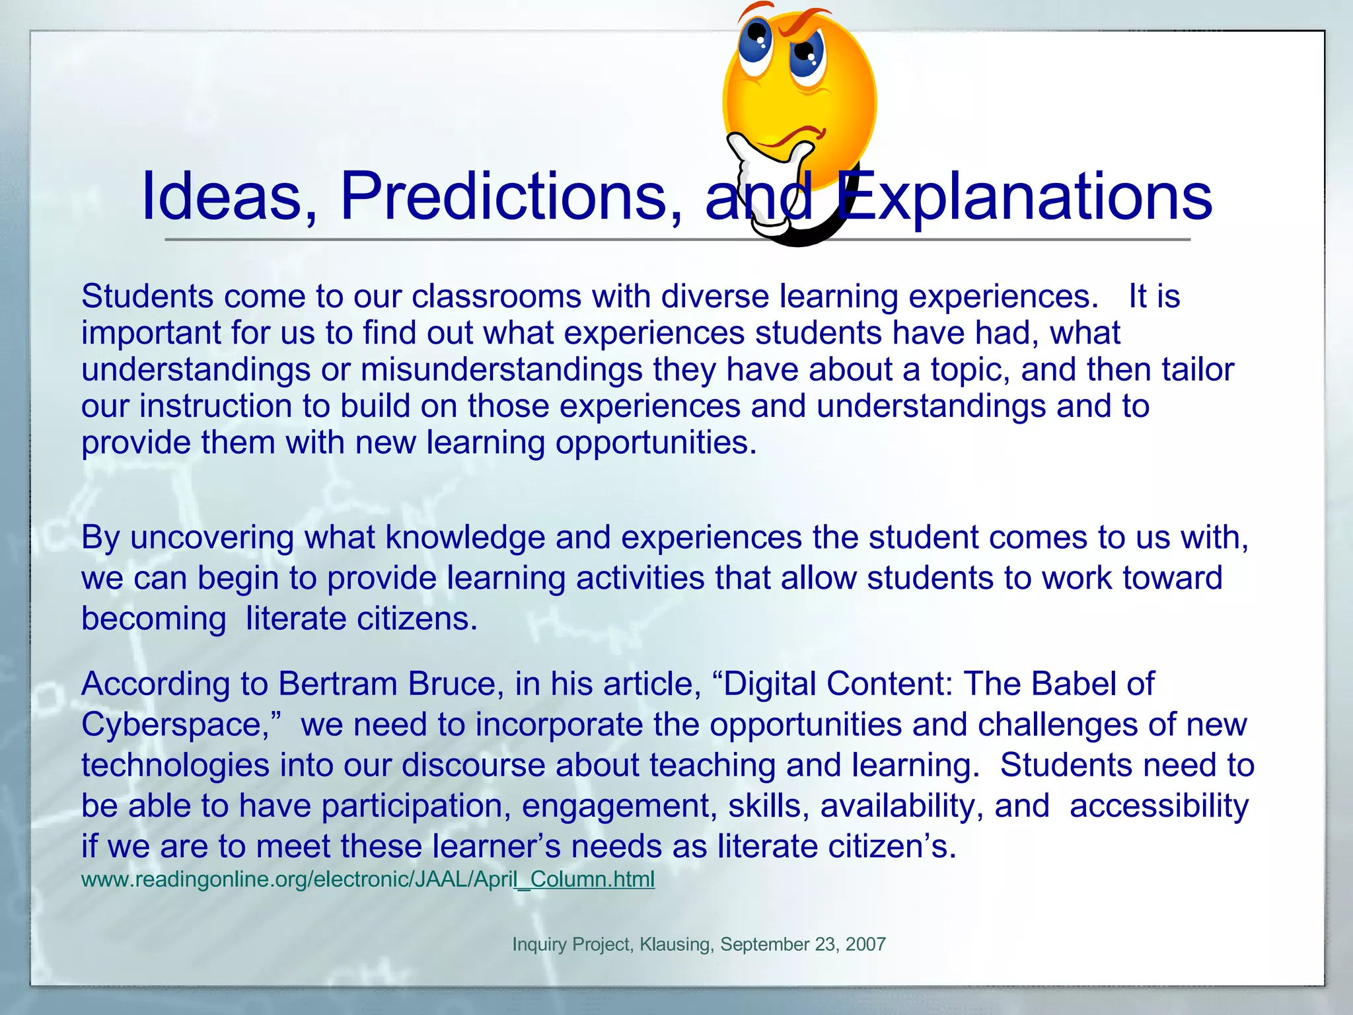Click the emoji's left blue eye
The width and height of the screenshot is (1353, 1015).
[x=754, y=41]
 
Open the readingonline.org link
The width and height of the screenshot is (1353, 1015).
[x=367, y=880]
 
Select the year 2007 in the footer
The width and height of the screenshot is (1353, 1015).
[x=865, y=944]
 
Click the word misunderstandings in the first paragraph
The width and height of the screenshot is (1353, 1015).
[x=501, y=369]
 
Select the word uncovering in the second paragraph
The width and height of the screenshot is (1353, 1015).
[x=211, y=538]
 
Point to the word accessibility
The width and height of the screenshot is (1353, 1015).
[x=1159, y=806]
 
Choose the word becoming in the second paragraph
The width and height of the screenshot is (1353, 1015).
[x=153, y=619]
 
